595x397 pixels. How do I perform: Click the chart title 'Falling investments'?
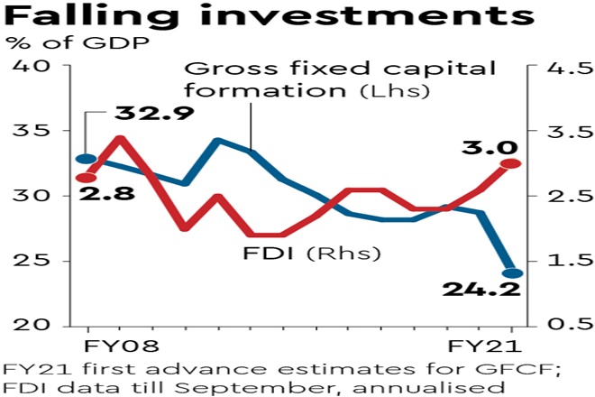[262, 18]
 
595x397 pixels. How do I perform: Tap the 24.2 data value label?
[480, 290]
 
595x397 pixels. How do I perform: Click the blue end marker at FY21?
[511, 272]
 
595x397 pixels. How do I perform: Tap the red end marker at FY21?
[511, 163]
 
